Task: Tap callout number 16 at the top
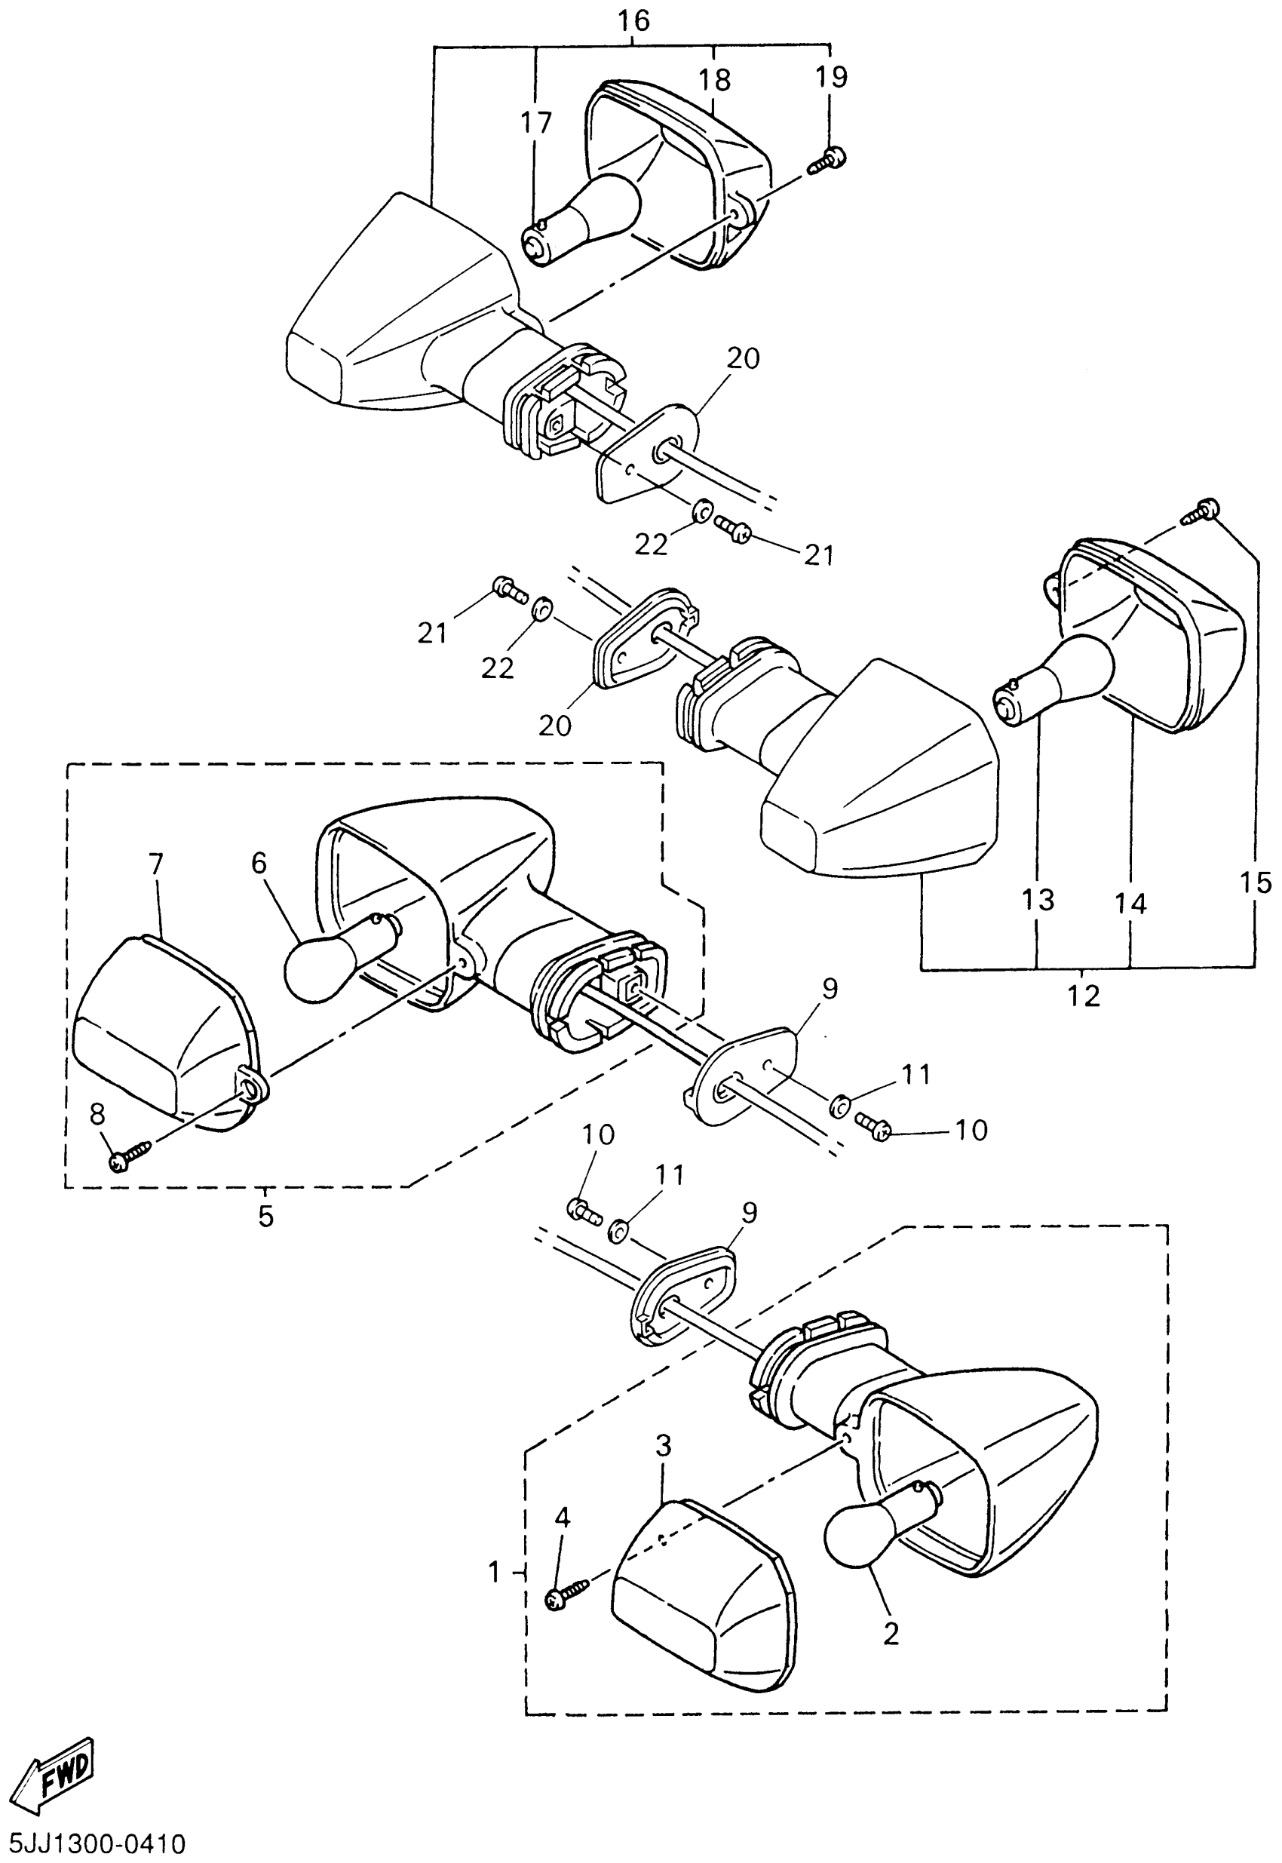(x=633, y=22)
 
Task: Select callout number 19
(x=830, y=78)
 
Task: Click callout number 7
(x=156, y=864)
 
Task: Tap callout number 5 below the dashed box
(x=265, y=1217)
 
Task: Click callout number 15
(x=1256, y=883)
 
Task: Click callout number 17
(x=535, y=123)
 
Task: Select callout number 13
(x=1037, y=900)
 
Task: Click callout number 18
(x=713, y=81)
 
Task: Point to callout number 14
(x=1130, y=904)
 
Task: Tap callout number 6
(x=258, y=863)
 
